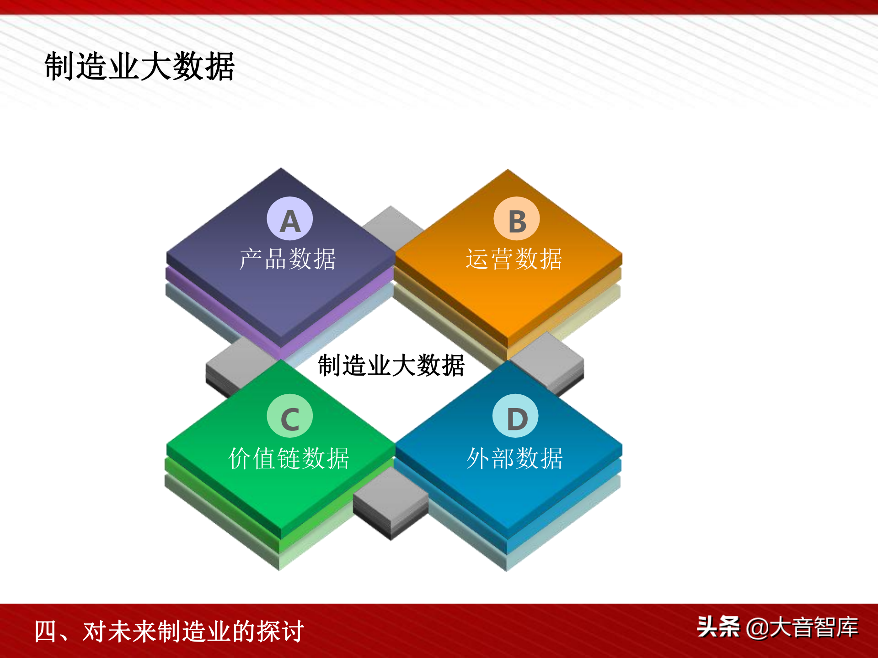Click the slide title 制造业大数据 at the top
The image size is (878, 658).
(x=139, y=67)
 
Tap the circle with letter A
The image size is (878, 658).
(x=290, y=219)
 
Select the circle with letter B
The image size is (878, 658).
(x=517, y=219)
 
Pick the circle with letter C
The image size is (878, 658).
(x=290, y=416)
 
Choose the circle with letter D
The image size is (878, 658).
(x=515, y=416)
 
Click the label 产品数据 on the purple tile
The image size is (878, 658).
(x=288, y=259)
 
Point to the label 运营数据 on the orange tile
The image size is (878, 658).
(x=514, y=259)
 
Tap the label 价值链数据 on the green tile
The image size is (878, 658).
(x=289, y=458)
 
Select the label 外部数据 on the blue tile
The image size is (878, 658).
(x=515, y=458)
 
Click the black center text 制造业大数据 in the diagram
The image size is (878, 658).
(x=391, y=366)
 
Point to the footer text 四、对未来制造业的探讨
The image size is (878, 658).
(x=169, y=631)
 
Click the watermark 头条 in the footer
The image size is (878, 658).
(x=718, y=626)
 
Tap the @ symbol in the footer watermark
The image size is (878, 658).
(x=757, y=628)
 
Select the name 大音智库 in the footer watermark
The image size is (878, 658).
(x=814, y=627)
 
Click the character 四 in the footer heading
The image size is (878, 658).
(x=45, y=631)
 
